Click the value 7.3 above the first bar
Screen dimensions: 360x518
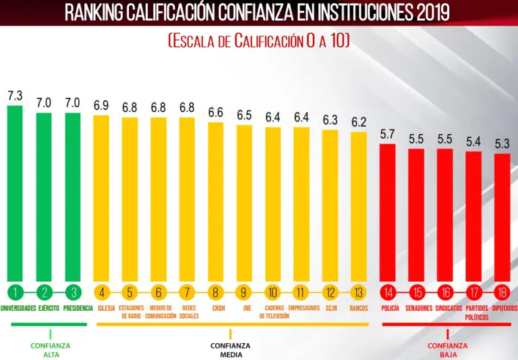15,96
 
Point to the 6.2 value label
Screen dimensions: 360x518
359,122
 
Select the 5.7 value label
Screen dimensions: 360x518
388,134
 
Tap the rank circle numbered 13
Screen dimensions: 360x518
359,293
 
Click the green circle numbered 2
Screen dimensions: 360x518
45,293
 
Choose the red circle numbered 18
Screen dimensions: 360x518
502,293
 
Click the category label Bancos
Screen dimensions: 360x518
359,308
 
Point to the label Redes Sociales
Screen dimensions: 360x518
189,311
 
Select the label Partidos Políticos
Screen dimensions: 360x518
476,312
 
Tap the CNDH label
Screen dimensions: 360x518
218,308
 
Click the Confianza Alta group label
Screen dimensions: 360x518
51,350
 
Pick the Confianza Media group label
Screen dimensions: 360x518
230,350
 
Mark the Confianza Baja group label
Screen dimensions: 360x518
447,350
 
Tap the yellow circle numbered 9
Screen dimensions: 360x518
243,293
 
